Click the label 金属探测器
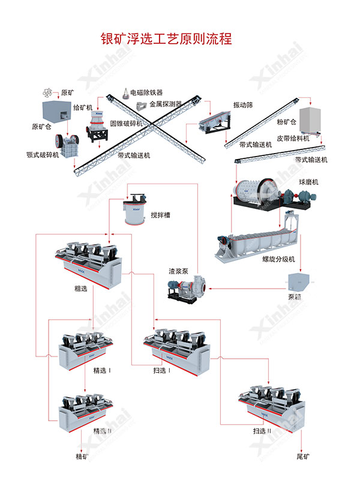[x=166, y=103]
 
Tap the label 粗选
[x=81, y=289]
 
